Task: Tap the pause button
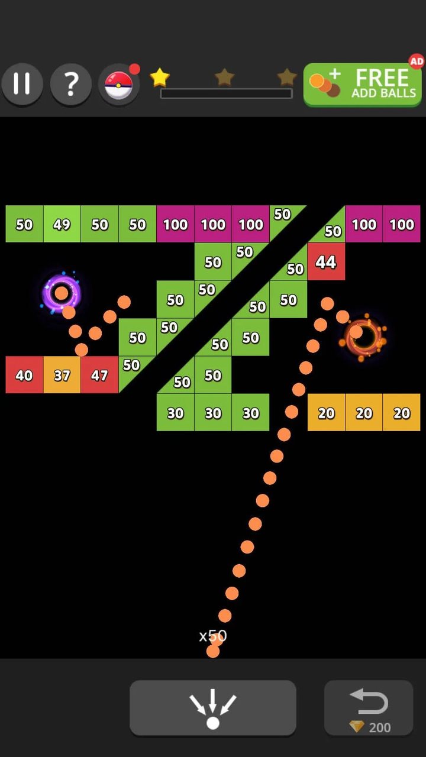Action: (22, 84)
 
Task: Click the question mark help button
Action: (70, 84)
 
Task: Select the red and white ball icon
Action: (118, 85)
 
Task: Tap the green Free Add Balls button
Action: (363, 85)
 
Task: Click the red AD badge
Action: (417, 62)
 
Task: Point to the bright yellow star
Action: (160, 77)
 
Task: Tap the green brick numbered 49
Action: (62, 224)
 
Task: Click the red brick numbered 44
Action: (326, 261)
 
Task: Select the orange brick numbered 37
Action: (62, 375)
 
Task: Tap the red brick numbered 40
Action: (24, 375)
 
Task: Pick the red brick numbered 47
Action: (100, 375)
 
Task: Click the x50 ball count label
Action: (213, 636)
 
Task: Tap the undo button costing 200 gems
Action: (369, 708)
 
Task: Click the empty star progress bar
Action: (226, 93)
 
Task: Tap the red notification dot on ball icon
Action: (134, 69)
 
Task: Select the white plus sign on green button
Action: (335, 74)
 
